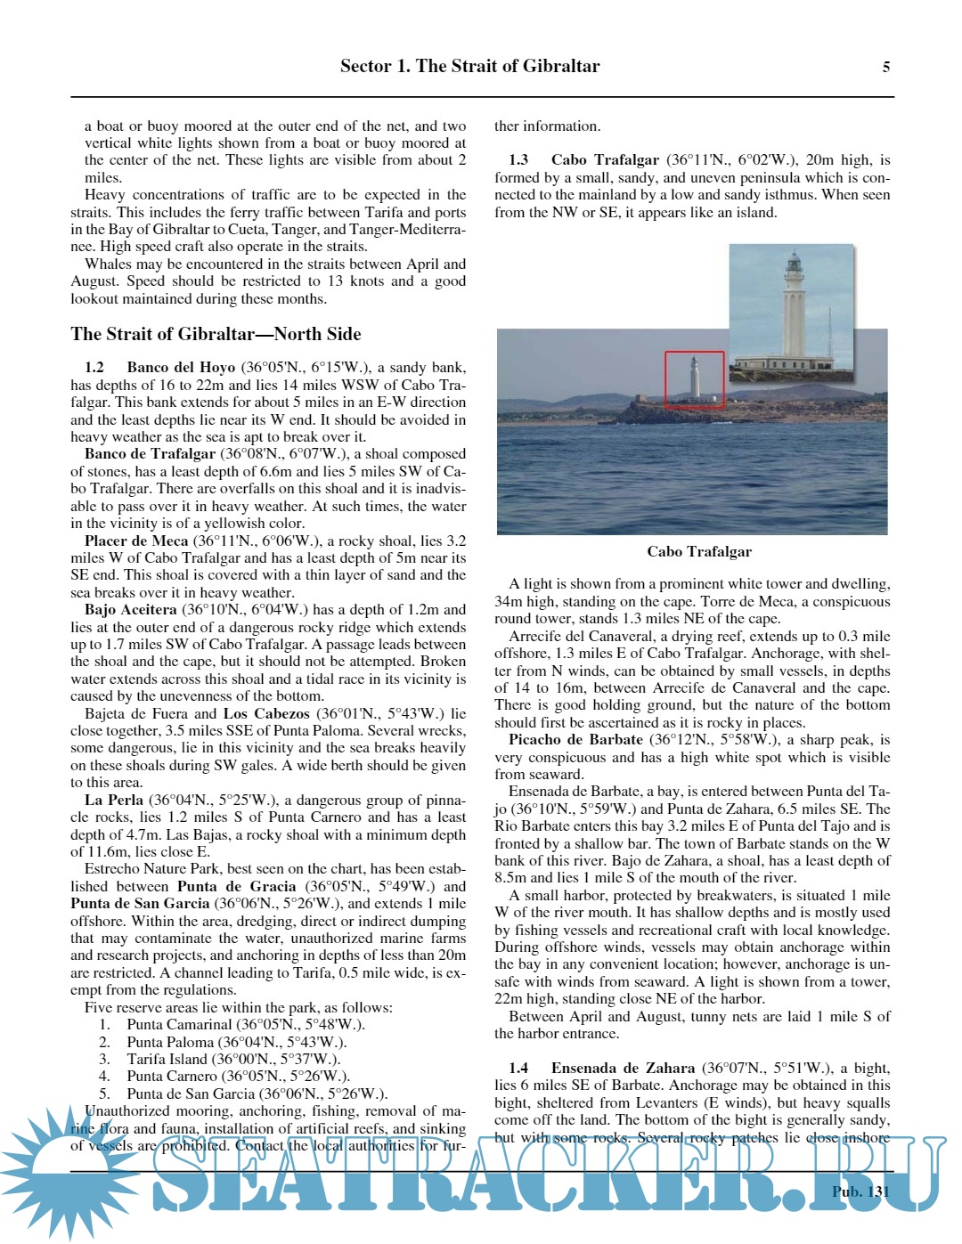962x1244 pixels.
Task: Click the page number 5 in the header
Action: tap(885, 67)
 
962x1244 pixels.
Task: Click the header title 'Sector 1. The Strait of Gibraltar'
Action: tap(469, 66)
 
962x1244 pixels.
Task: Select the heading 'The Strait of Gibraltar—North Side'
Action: tap(216, 334)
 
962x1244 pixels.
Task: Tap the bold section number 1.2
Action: tap(94, 367)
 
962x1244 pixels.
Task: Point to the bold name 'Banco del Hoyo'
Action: tap(181, 367)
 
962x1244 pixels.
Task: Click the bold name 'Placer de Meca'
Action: tap(136, 541)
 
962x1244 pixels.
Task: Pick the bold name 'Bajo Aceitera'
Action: tap(130, 610)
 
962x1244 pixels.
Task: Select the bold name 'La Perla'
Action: tap(114, 800)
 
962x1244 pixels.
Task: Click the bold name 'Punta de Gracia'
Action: tap(236, 886)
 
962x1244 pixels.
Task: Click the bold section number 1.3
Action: tap(518, 160)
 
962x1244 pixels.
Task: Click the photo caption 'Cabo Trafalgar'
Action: tap(699, 552)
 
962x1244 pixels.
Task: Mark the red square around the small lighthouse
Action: tap(694, 379)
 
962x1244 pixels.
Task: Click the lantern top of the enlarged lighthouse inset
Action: tap(793, 264)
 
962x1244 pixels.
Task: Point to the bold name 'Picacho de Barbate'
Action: tap(575, 740)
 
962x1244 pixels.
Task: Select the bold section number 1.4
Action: tap(518, 1068)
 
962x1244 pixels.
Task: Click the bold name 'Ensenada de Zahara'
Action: tap(623, 1068)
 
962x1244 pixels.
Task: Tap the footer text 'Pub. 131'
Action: tap(860, 1191)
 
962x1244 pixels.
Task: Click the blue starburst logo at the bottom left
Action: tap(62, 1167)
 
